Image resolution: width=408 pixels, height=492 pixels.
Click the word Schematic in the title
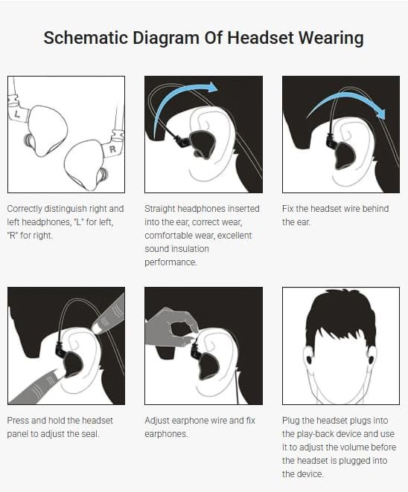pos(86,38)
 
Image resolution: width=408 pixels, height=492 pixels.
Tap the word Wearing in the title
pos(331,39)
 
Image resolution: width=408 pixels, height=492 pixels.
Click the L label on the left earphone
pos(17,114)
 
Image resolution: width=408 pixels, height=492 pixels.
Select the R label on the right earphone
pos(112,149)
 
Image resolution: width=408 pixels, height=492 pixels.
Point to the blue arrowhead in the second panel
pos(212,87)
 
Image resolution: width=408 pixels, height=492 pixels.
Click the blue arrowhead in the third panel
pos(380,113)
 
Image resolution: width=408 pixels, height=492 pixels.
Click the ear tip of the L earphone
pos(28,140)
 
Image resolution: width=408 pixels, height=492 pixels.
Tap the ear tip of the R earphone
pos(103,175)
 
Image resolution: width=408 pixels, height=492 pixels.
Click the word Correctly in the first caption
pos(25,209)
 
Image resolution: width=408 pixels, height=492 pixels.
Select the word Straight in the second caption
pos(159,209)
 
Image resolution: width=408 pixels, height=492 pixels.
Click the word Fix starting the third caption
pos(287,209)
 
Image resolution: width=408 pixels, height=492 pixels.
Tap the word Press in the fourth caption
pos(18,421)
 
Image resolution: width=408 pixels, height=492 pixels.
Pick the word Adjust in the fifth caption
pos(157,421)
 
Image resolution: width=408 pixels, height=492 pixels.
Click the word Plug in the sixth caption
pos(290,421)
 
